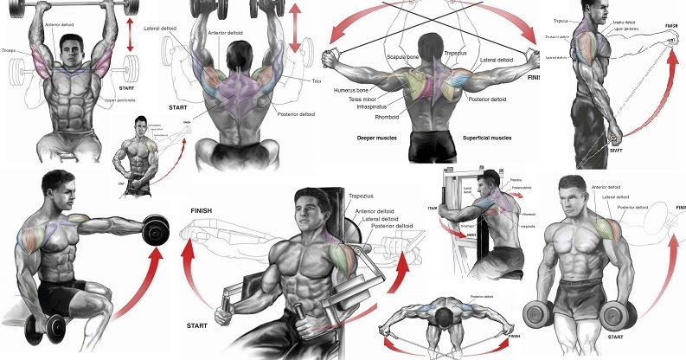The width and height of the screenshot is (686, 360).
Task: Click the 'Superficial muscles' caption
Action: click(x=475, y=138)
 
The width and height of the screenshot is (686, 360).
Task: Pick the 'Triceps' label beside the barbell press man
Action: click(x=11, y=51)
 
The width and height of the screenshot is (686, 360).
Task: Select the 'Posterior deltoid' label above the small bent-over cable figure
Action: click(x=480, y=296)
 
